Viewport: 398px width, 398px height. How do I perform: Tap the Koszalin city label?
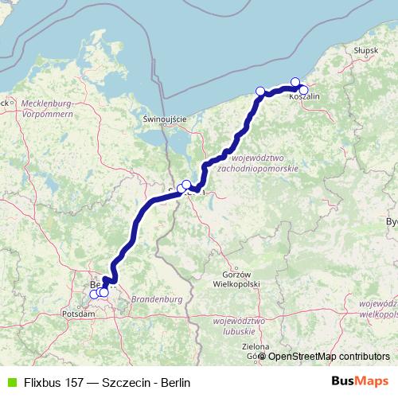click(304, 96)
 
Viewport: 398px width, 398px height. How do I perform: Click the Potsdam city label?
click(79, 314)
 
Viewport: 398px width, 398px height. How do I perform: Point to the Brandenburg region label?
click(158, 298)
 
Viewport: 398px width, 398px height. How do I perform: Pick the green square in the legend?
click(10, 382)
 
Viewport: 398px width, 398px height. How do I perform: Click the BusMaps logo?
click(361, 382)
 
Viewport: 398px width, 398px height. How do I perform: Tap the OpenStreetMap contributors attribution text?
click(329, 357)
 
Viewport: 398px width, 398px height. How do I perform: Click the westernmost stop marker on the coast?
click(260, 91)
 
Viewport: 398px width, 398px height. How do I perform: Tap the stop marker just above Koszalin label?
click(295, 82)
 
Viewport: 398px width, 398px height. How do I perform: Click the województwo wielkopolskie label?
click(378, 308)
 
